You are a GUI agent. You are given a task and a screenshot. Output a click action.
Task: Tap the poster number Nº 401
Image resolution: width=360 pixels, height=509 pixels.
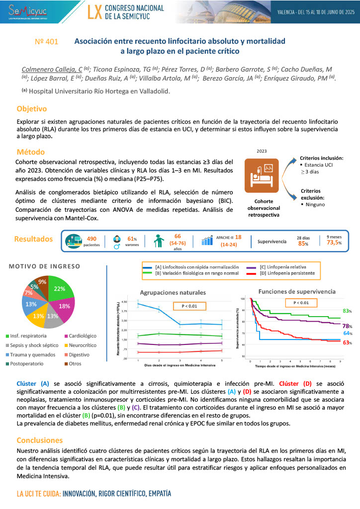click(x=47, y=42)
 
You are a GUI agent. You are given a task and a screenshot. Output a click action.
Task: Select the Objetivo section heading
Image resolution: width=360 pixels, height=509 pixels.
click(x=31, y=108)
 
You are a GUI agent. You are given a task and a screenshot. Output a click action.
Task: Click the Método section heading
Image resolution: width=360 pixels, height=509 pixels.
click(x=30, y=152)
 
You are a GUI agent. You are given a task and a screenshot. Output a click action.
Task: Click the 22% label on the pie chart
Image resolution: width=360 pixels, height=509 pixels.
click(x=59, y=289)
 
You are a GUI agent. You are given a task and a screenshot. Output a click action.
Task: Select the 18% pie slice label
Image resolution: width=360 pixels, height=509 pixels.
click(x=64, y=307)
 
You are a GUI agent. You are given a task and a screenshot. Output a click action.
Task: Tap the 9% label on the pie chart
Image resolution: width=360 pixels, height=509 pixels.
click(x=42, y=282)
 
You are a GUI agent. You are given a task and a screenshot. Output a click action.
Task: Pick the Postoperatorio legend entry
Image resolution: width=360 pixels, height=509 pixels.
click(x=30, y=364)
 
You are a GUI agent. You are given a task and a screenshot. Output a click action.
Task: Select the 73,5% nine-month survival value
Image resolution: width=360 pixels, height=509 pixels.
click(x=334, y=243)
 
